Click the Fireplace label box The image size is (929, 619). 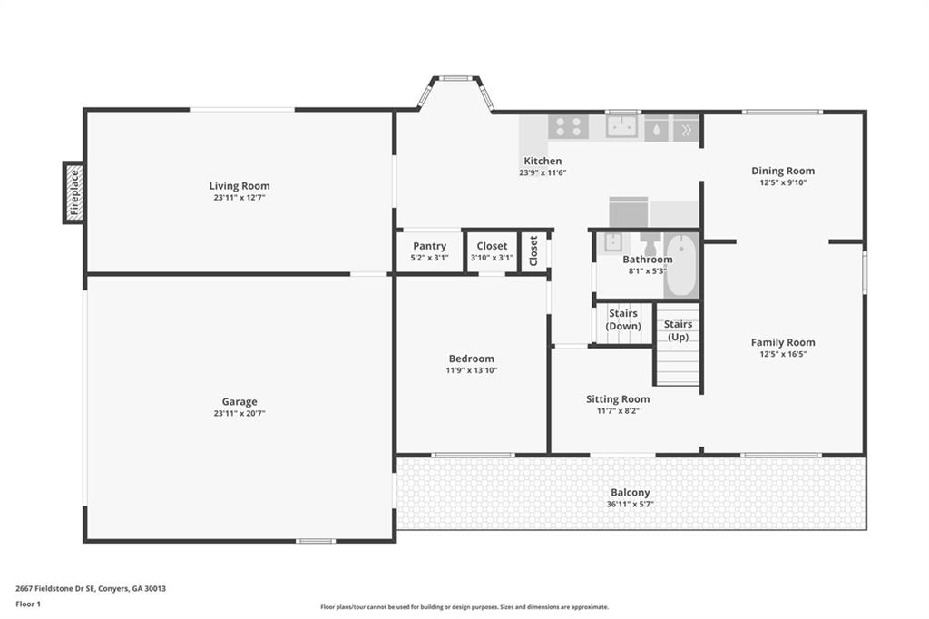[x=74, y=192]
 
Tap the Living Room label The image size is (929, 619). [x=240, y=185]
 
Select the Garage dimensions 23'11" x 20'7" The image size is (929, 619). [x=240, y=413]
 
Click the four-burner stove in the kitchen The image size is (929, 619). [x=568, y=126]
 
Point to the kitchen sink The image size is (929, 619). [x=621, y=126]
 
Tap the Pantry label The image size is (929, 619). [x=429, y=246]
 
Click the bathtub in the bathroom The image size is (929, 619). [x=680, y=266]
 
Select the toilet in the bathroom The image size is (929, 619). [x=650, y=243]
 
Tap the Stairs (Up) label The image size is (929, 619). [x=678, y=331]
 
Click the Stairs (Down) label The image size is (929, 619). [x=623, y=319]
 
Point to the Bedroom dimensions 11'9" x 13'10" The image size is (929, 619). [x=472, y=370]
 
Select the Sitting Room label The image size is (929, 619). [x=618, y=399]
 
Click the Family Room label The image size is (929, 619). [x=783, y=342]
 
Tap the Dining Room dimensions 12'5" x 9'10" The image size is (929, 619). [x=783, y=182]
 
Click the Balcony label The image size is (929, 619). [x=631, y=492]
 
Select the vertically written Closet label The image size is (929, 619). [x=533, y=251]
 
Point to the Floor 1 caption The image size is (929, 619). [x=28, y=604]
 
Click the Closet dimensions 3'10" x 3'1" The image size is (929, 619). [x=492, y=258]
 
